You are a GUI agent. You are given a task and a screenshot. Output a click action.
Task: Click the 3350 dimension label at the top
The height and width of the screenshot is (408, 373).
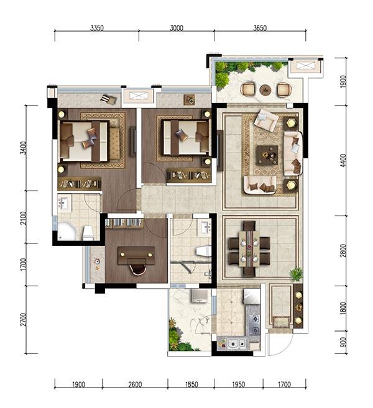pyautogui.click(x=97, y=28)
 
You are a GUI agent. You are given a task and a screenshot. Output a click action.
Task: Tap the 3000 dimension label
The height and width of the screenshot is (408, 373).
pyautogui.click(x=177, y=28)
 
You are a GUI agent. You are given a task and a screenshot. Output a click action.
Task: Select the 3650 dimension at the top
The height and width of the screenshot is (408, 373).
pyautogui.click(x=260, y=28)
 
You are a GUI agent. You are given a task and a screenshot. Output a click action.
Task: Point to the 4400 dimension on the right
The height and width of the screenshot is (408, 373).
pyautogui.click(x=343, y=161)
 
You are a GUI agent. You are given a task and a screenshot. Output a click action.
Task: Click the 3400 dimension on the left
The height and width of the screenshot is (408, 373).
pyautogui.click(x=24, y=148)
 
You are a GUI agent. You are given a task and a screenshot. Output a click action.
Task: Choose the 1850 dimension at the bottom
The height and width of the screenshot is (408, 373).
pyautogui.click(x=191, y=384)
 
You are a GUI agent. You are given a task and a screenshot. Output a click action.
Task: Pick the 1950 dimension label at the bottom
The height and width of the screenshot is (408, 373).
pyautogui.click(x=238, y=384)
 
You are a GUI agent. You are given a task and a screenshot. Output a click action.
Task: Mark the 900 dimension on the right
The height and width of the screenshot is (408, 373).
pyautogui.click(x=343, y=342)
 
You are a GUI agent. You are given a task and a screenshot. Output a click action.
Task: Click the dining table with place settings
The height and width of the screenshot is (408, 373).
pyautogui.click(x=249, y=249)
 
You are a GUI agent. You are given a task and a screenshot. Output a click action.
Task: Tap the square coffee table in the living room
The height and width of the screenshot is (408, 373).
pyautogui.click(x=267, y=155)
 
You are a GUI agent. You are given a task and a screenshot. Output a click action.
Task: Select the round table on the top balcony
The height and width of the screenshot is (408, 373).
pyautogui.click(x=265, y=90)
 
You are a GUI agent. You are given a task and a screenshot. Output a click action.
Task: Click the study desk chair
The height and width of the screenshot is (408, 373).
pyautogui.click(x=137, y=270)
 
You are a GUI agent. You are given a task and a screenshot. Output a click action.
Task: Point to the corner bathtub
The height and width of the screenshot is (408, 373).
pyautogui.click(x=67, y=231)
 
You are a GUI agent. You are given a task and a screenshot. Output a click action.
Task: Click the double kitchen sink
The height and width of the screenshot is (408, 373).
pyautogui.click(x=236, y=343)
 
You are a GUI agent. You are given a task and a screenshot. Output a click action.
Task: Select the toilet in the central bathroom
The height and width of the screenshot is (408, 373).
pyautogui.click(x=203, y=252)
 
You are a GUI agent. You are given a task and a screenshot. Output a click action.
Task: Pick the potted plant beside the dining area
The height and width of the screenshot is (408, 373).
pyautogui.click(x=296, y=274)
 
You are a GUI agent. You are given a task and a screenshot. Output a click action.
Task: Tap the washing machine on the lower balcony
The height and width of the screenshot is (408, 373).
pyautogui.click(x=200, y=296)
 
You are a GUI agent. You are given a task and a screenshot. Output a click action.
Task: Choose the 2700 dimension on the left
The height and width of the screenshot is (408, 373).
pyautogui.click(x=24, y=320)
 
